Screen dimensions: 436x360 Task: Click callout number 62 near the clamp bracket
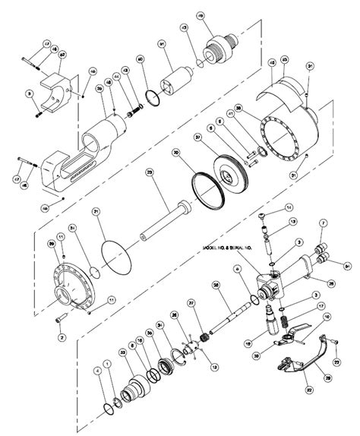click(62, 55)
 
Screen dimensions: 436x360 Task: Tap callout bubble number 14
click(289, 207)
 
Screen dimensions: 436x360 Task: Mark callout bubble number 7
click(323, 222)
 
